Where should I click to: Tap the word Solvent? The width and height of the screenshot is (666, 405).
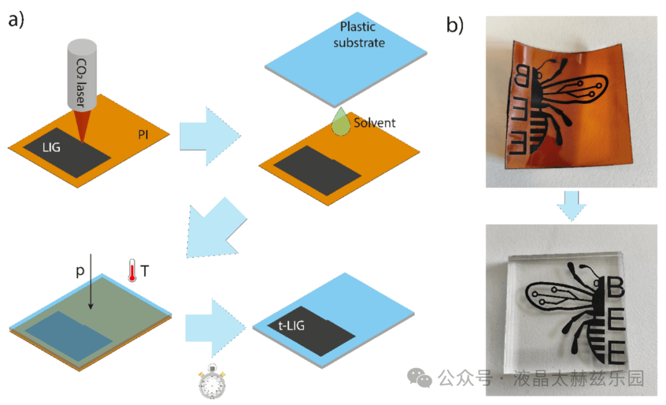(374, 123)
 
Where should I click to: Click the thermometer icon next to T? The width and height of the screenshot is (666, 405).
(131, 270)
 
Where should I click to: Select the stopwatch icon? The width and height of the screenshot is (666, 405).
(212, 383)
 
